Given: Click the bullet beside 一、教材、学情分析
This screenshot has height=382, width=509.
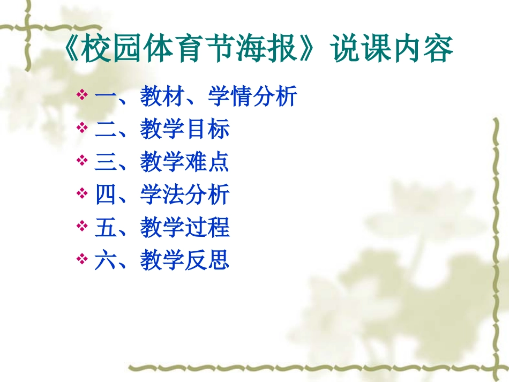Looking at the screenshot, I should (x=82, y=95).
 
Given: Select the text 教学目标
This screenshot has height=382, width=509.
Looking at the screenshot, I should (x=185, y=130).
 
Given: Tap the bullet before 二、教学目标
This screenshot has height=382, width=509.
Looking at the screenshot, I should (x=82, y=128).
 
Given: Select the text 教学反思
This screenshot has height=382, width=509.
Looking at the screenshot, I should (x=185, y=261).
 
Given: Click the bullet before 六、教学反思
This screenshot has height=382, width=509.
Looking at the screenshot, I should (x=82, y=259).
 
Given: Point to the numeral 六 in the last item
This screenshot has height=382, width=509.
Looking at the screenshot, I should (x=105, y=261).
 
